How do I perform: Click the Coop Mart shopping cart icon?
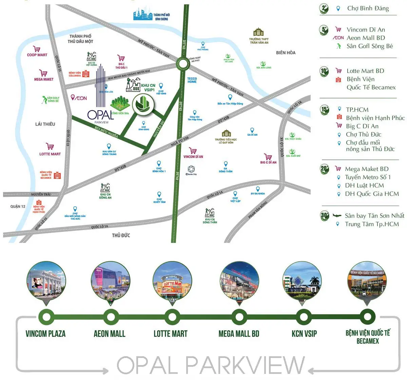click(37, 49)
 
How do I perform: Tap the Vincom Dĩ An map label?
click(193, 157)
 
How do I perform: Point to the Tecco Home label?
click(192, 80)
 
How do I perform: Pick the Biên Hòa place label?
click(286, 53)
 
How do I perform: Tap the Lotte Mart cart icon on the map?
click(50, 147)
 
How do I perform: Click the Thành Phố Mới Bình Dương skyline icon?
click(143, 14)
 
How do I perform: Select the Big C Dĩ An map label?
click(268, 162)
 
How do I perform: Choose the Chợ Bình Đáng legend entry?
click(368, 8)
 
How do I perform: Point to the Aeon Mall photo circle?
click(111, 280)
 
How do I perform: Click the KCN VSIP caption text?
click(304, 334)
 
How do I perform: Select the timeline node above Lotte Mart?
click(172, 317)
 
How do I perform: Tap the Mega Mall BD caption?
click(239, 334)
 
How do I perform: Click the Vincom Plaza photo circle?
click(46, 280)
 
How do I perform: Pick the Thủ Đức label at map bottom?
click(121, 235)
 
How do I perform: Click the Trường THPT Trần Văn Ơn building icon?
click(258, 32)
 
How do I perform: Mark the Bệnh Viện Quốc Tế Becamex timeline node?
click(367, 317)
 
